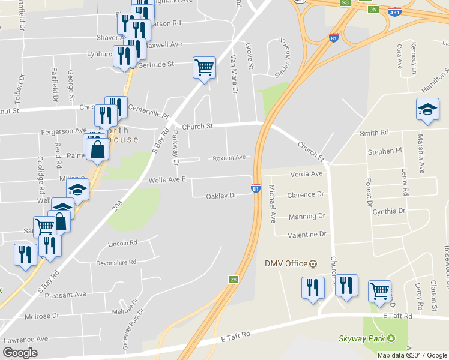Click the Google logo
pos(20,353)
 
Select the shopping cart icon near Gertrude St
pos(204,68)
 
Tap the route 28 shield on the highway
pos(234,280)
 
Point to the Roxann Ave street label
pos(229,158)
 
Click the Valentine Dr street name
pos(306,235)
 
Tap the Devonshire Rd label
pos(116,262)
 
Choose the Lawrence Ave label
pos(26,339)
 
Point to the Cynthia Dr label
pos(388,211)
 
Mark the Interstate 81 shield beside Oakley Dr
pos(256,189)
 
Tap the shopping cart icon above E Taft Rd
pos(379,292)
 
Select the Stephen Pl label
pos(385,151)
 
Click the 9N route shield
pos(373,10)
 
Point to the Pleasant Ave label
pos(65,295)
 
